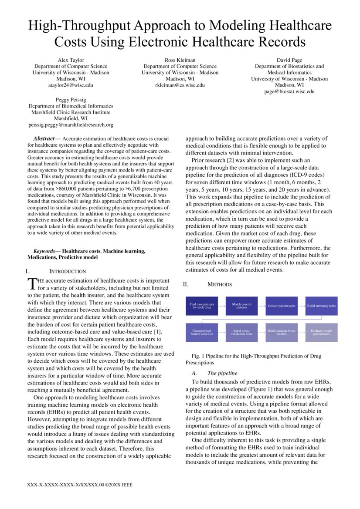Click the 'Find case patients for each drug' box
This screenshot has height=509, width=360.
[x=202, y=306]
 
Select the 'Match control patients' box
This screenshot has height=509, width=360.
[x=241, y=306]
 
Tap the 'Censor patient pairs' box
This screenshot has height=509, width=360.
[x=282, y=306]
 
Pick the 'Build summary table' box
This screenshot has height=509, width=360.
[x=321, y=306]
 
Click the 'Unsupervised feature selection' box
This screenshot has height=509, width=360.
[x=202, y=333]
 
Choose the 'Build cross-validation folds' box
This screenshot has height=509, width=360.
[x=241, y=333]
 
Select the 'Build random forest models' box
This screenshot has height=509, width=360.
[x=282, y=333]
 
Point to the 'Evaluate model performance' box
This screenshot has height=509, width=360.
[x=321, y=333]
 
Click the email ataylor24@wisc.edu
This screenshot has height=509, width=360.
[x=71, y=85]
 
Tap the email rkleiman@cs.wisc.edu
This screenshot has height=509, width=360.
[x=180, y=85]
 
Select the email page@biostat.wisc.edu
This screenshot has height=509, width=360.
[x=289, y=91]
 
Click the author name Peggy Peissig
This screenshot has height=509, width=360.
[x=71, y=100]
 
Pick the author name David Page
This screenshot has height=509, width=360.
[x=289, y=60]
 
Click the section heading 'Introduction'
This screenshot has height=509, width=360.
[x=67, y=271]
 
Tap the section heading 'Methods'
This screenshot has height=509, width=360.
[x=219, y=284]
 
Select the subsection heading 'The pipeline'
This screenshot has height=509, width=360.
[x=222, y=373]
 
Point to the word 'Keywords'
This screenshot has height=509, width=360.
[x=47, y=251]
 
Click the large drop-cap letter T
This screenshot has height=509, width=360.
[x=32, y=284]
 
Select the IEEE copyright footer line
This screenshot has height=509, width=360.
[x=80, y=484]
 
